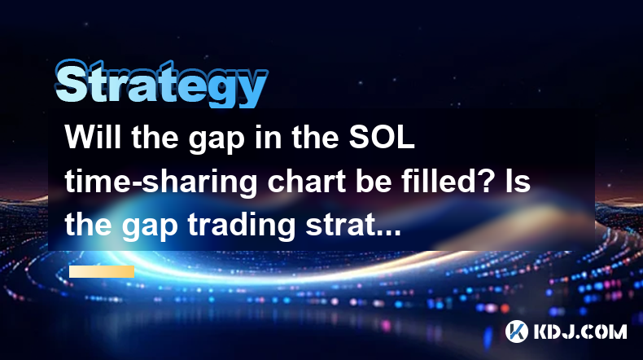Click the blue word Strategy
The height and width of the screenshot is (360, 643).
point(161,84)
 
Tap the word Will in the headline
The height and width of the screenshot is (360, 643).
point(94,137)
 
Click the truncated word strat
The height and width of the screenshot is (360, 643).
point(336,226)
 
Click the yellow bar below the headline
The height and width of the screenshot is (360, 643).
point(102,271)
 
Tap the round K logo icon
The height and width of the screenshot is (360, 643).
point(516,331)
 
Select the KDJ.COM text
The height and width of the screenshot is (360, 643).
point(580,331)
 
